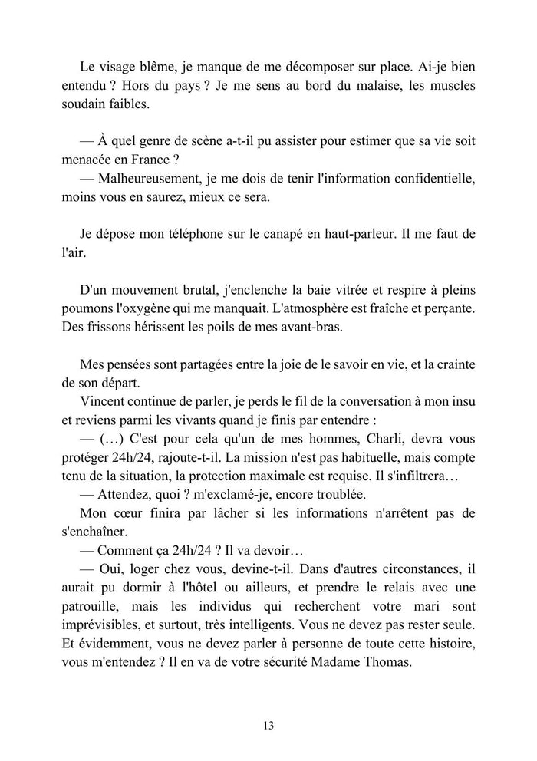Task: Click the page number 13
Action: point(268,725)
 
